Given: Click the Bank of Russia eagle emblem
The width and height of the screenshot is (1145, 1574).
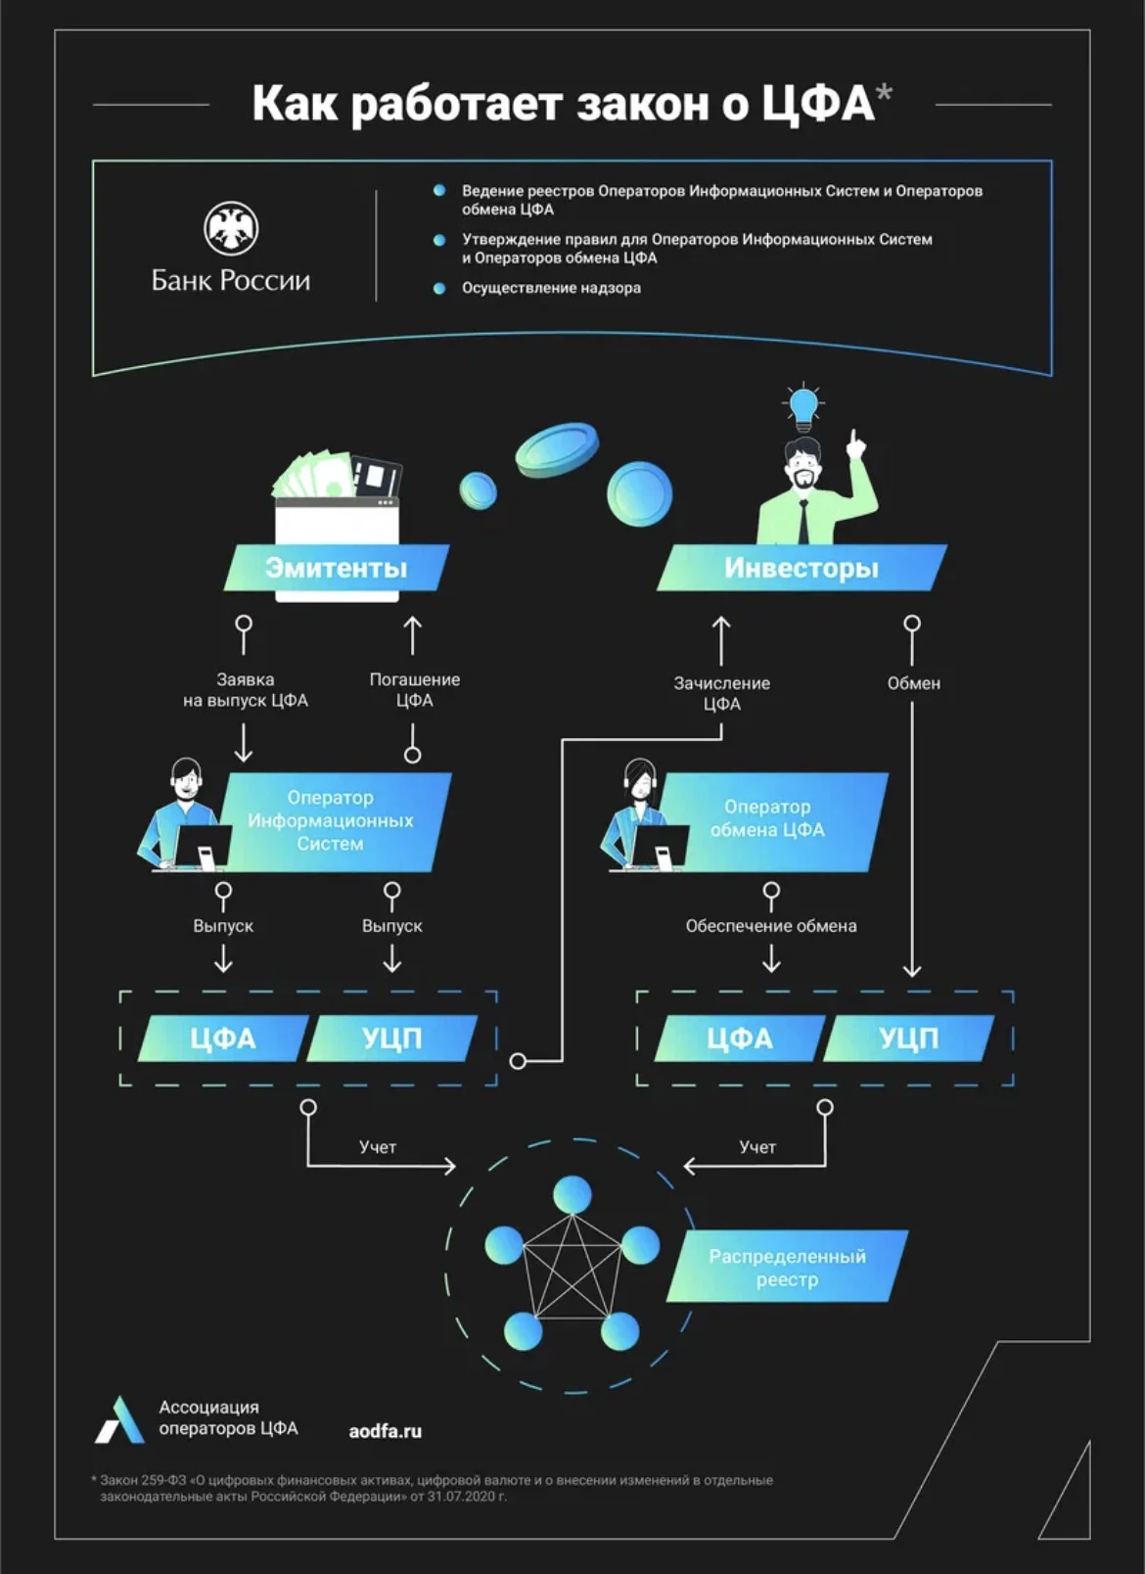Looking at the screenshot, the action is (x=231, y=228).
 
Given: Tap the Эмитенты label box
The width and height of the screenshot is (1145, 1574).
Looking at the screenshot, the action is (x=337, y=567).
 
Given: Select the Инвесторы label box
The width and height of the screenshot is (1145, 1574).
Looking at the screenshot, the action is (x=801, y=567).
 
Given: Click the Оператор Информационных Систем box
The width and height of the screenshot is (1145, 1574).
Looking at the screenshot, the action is (x=330, y=820).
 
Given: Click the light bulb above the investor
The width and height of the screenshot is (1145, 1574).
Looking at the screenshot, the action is (x=802, y=408).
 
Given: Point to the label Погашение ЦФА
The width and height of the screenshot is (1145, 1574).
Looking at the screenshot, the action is (x=414, y=689).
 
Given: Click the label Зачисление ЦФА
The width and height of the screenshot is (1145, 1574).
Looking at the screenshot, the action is (x=721, y=693).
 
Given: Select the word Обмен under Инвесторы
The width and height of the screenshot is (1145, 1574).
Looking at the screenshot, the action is (x=913, y=683).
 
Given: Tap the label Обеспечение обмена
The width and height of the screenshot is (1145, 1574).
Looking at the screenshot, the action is (x=770, y=925).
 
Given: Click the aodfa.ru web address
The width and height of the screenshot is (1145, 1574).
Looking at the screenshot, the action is (x=385, y=1431).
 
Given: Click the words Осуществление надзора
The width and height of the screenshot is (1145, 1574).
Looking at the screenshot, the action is (x=551, y=288).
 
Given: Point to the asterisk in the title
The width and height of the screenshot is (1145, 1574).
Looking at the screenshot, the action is (x=884, y=93).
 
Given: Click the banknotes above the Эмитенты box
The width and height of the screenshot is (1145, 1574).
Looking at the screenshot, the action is (x=314, y=475).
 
